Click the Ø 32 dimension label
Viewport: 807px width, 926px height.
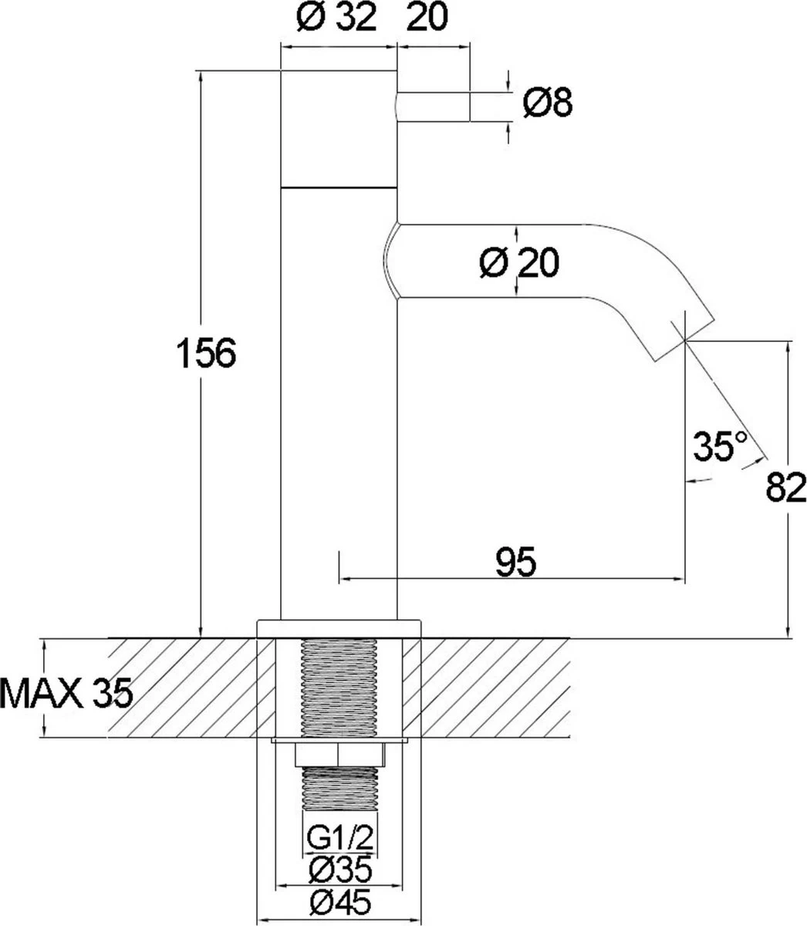tap(336, 19)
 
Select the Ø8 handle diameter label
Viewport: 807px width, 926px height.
tap(547, 103)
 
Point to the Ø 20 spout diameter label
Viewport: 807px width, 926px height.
tap(518, 264)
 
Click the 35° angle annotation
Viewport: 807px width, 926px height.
tap(719, 446)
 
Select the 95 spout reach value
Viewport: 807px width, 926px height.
tap(515, 563)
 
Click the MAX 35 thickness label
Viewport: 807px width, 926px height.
tap(66, 694)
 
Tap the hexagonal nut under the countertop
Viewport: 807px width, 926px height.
tap(340, 755)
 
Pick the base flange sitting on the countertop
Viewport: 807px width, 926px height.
tap(340, 627)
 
